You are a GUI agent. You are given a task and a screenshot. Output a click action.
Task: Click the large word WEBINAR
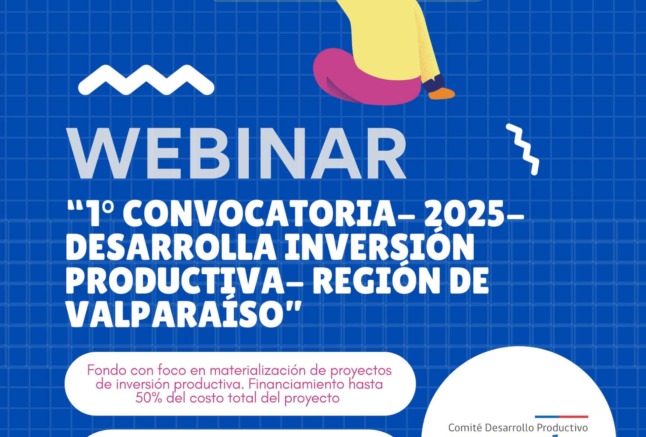tap(237, 153)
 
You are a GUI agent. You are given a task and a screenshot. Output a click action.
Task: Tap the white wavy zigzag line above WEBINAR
tap(146, 80)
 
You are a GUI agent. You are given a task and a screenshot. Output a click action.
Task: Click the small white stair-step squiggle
tap(523, 149)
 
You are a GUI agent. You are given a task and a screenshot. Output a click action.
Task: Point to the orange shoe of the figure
tap(441, 93)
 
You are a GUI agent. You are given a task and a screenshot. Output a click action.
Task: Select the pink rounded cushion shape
tap(367, 77)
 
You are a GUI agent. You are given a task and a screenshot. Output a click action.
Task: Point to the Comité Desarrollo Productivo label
tap(518, 428)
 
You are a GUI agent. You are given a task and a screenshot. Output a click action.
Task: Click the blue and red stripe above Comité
tap(562, 417)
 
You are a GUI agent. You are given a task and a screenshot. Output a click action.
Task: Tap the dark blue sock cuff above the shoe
tap(434, 83)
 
